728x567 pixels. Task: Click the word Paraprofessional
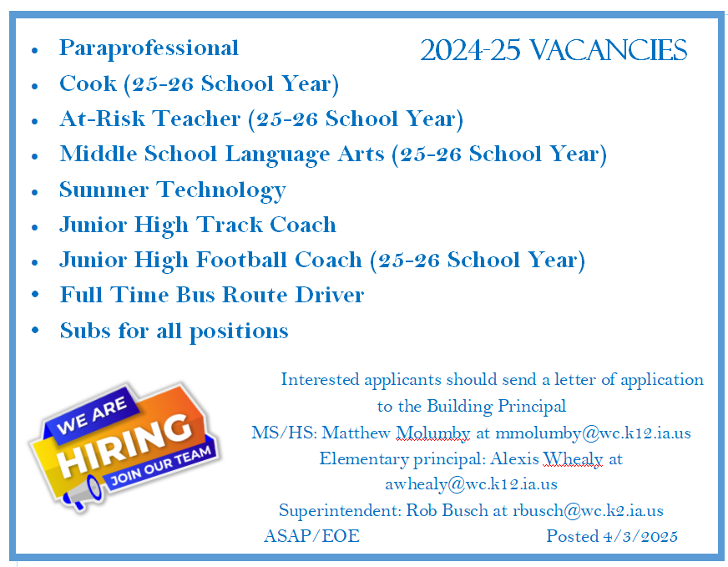tap(149, 48)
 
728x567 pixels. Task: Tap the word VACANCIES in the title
tap(609, 50)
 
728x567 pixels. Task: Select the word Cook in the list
tap(88, 84)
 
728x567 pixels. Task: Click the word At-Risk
tap(102, 119)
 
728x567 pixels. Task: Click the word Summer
tap(104, 190)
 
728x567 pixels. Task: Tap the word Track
tap(230, 225)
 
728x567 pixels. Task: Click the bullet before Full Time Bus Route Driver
tap(35, 294)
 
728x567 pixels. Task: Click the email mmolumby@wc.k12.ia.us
tap(593, 433)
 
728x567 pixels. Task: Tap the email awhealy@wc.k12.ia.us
tap(471, 484)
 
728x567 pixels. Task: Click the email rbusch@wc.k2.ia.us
tap(588, 510)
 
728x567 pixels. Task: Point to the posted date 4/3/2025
tap(640, 536)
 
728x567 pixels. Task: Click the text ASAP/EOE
tap(311, 536)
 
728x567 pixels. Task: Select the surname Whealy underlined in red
tap(573, 459)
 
